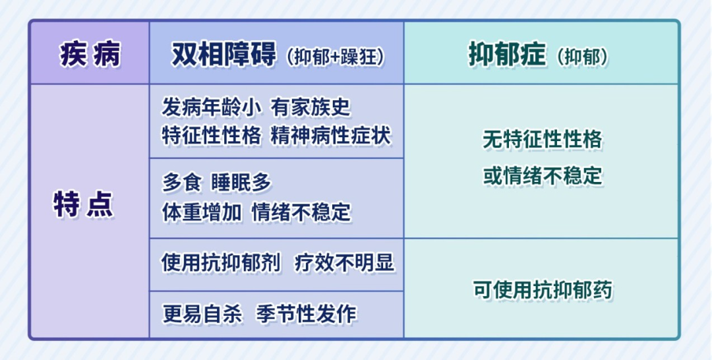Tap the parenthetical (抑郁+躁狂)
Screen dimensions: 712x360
[336, 57]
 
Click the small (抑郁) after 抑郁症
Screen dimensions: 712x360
[583, 57]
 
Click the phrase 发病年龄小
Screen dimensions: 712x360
[212, 108]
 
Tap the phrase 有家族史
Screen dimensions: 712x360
[311, 108]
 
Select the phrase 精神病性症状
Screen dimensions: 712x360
[331, 136]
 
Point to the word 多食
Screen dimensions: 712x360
[182, 183]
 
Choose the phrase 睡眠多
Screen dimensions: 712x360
[241, 183]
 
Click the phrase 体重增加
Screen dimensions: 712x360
[202, 212]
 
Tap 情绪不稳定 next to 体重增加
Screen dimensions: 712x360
[301, 212]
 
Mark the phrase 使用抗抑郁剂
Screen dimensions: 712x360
[221, 263]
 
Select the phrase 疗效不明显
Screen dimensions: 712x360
[344, 263]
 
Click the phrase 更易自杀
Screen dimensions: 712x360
[202, 314]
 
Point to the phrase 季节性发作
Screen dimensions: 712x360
[307, 314]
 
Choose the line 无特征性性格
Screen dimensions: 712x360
[542, 139]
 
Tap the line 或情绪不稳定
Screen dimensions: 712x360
[542, 175]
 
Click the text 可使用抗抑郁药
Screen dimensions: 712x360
[542, 290]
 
